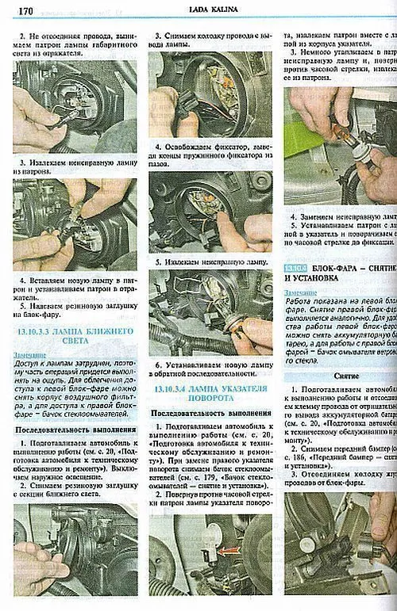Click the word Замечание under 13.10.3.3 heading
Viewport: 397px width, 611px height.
29,354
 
